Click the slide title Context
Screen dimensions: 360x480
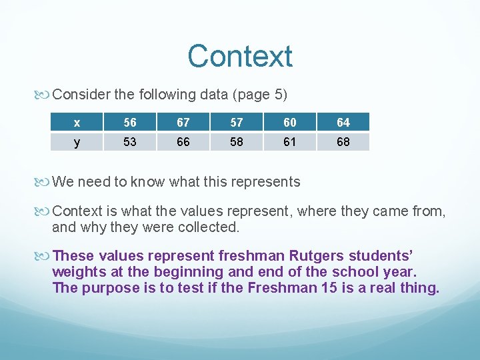239,57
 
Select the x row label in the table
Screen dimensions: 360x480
77,123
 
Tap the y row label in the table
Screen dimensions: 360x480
77,142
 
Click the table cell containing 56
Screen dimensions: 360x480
130,123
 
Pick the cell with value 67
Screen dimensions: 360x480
183,123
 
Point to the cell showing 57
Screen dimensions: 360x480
237,123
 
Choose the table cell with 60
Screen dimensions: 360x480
290,123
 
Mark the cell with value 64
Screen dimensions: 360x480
343,123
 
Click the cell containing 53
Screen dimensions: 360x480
130,142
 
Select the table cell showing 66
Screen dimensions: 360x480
183,142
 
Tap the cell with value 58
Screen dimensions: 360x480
237,142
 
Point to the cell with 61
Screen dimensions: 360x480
290,142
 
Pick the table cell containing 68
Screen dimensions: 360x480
343,142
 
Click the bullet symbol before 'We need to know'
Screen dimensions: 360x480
45,182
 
